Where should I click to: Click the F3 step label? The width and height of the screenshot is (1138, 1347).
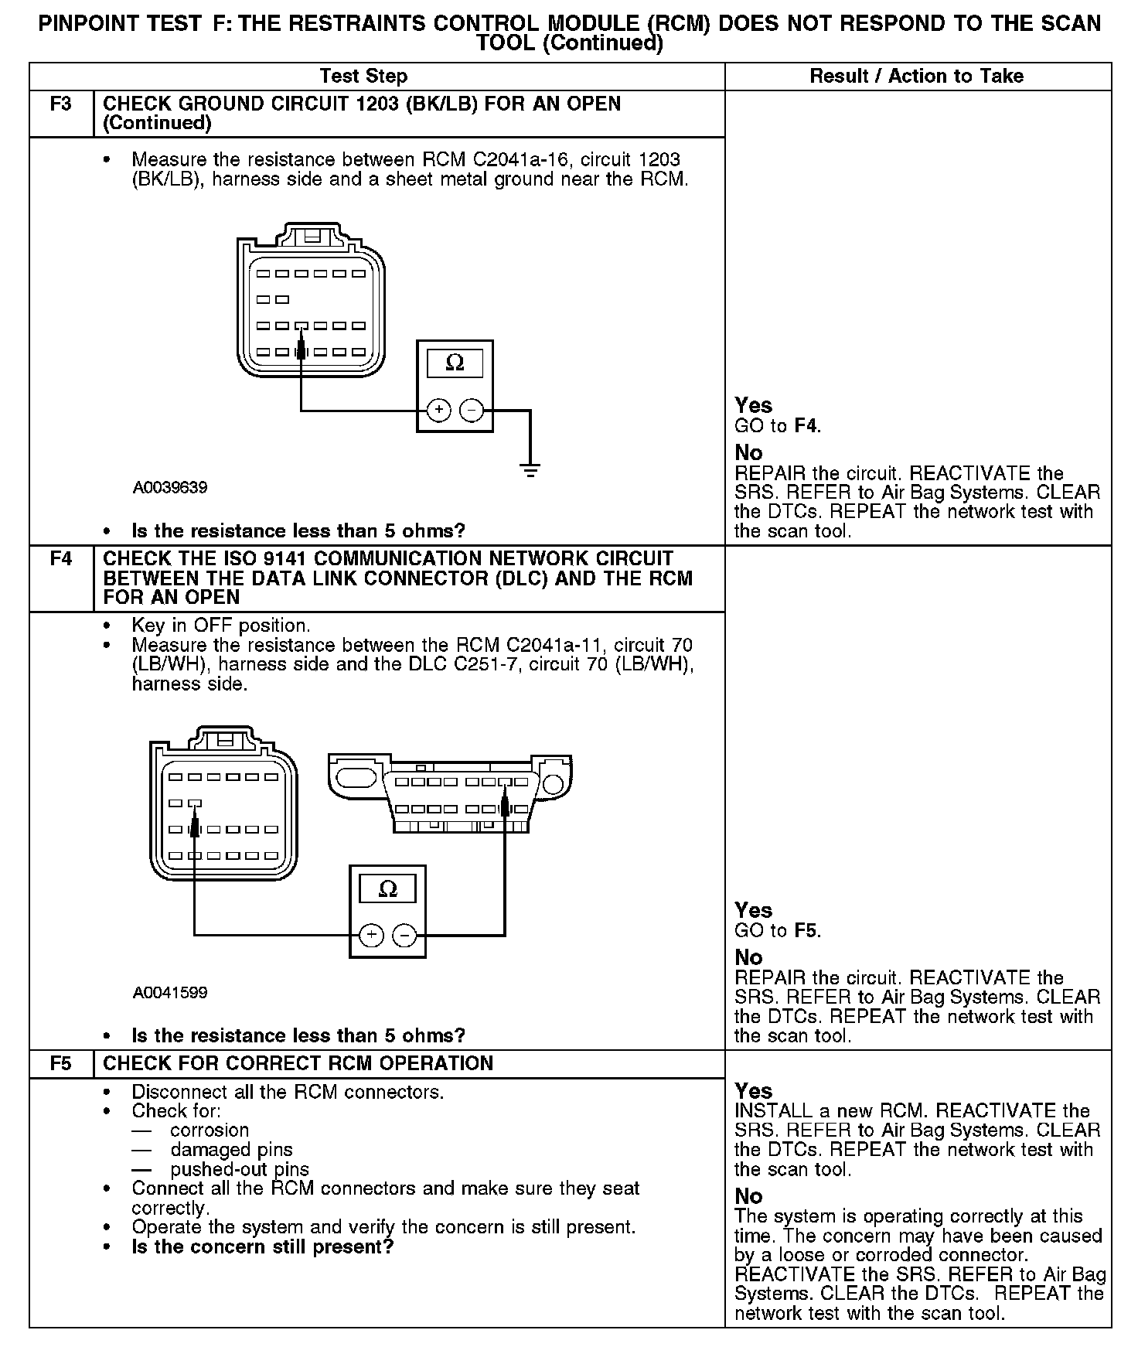click(x=60, y=104)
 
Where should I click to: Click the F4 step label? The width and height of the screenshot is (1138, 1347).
click(x=60, y=558)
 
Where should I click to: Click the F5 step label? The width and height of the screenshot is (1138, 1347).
click(x=60, y=1063)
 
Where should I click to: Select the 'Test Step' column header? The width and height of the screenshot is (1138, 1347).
click(x=363, y=76)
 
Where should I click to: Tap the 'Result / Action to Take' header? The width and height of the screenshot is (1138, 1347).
click(x=916, y=76)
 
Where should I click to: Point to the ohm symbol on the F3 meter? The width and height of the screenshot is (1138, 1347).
click(x=455, y=363)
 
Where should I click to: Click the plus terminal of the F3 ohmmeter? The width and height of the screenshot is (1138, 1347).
click(x=438, y=409)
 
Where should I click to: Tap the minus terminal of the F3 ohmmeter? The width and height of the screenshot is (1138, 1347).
click(x=472, y=409)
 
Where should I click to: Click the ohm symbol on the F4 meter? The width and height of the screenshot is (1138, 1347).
click(x=388, y=889)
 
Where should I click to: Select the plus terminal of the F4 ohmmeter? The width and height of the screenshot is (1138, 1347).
click(x=371, y=936)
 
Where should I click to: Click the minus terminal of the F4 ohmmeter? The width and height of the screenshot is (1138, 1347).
click(x=404, y=936)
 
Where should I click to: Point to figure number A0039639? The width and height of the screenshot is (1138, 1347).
click(x=170, y=488)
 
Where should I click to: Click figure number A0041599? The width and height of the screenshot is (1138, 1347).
click(x=170, y=992)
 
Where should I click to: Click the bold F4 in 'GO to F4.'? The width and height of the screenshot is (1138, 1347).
click(x=806, y=425)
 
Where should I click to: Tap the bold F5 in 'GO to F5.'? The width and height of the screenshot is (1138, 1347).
click(x=806, y=930)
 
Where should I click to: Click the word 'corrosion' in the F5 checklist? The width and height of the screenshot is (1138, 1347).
click(x=210, y=1130)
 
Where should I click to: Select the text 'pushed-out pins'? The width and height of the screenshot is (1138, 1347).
click(x=240, y=1169)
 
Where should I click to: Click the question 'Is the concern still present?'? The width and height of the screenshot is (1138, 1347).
click(x=263, y=1246)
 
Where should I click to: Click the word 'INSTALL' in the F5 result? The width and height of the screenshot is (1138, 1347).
click(x=768, y=1111)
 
